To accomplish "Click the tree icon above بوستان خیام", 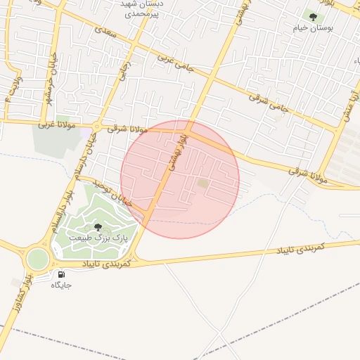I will [313, 16].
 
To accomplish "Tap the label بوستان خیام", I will [313, 29].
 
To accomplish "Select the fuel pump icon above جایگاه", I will [61, 274].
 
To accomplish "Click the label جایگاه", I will [61, 285].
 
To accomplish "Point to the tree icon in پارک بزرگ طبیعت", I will [97, 226].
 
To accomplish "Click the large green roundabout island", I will [37, 257].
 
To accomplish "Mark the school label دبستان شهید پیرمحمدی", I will [137, 8].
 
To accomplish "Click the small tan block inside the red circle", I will [202, 184].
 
